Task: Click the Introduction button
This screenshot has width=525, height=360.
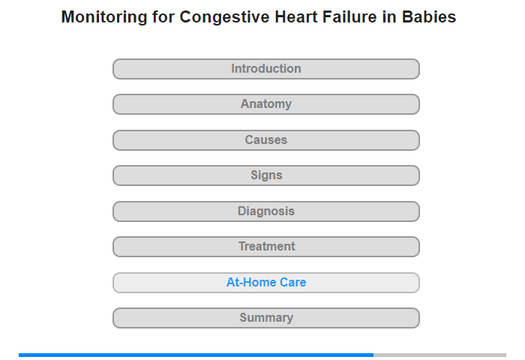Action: click(x=266, y=69)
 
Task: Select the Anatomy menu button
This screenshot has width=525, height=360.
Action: click(x=266, y=104)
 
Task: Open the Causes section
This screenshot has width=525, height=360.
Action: click(x=266, y=140)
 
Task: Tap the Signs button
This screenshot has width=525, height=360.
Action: click(x=266, y=175)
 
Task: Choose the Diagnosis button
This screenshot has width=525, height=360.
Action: click(x=266, y=211)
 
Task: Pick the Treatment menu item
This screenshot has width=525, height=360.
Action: click(x=266, y=247)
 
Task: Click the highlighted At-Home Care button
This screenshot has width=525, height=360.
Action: click(x=266, y=283)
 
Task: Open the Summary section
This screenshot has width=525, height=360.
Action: click(x=266, y=318)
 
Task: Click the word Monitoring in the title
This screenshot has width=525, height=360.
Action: click(x=104, y=17)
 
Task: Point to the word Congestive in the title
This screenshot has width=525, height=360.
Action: click(x=224, y=17)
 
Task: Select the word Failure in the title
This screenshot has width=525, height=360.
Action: click(x=349, y=16)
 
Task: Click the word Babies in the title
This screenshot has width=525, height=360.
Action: click(x=429, y=16)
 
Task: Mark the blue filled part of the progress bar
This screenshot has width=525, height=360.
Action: click(x=196, y=355)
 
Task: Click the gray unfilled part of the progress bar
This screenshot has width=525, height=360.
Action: click(x=440, y=355)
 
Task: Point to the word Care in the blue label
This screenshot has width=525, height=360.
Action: click(x=293, y=282)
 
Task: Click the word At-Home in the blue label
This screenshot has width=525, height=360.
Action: click(x=251, y=282)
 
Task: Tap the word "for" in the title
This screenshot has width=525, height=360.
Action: click(x=163, y=16)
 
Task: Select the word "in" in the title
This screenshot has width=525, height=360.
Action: click(x=389, y=16)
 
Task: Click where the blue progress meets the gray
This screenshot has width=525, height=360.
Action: click(x=373, y=355)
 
